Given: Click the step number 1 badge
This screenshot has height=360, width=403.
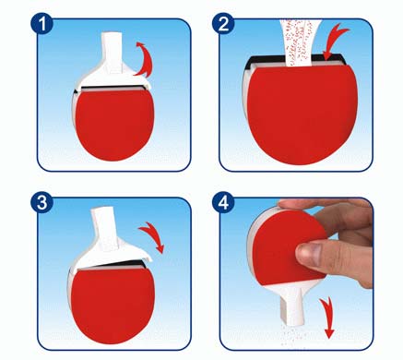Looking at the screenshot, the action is click(42, 24).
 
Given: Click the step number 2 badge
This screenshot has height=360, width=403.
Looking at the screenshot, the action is click(223, 24).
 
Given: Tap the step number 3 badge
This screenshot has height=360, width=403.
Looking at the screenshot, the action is click(42, 202).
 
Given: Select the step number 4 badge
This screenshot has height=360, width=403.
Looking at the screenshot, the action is click(223, 202).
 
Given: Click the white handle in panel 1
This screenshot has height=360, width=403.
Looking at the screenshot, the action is click(113, 53).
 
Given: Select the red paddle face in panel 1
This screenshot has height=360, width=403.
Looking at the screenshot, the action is click(114, 125).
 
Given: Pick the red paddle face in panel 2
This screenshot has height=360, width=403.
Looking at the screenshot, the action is click(302, 114).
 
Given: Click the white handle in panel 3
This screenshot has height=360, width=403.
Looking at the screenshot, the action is click(105, 228).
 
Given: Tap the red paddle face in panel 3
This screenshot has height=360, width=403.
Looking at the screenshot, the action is click(113, 305).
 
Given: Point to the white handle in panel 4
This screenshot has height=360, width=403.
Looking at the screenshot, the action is click(292, 303).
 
